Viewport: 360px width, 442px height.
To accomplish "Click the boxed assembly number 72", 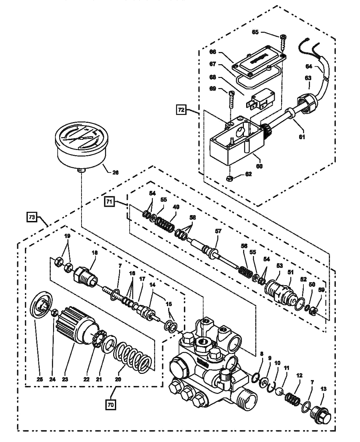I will [181, 110].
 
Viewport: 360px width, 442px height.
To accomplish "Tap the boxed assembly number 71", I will [110, 201].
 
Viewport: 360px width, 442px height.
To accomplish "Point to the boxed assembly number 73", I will [32, 218].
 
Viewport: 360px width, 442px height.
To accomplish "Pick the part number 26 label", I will [115, 172].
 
